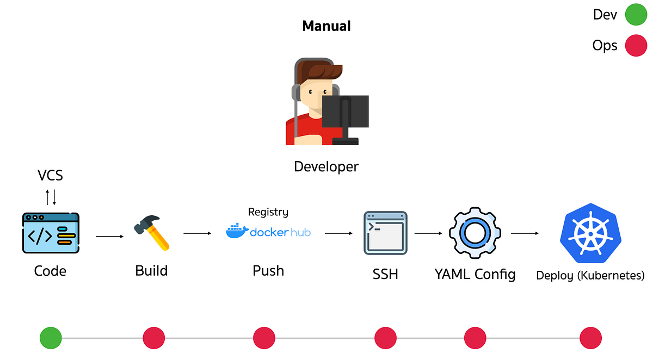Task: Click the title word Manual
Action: pyautogui.click(x=326, y=26)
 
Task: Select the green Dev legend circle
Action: pyautogui.click(x=635, y=15)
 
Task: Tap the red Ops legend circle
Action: pyautogui.click(x=635, y=46)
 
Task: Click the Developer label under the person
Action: pyautogui.click(x=326, y=166)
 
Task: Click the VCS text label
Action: pyautogui.click(x=50, y=175)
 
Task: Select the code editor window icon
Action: pyautogui.click(x=51, y=233)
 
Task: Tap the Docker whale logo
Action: pyautogui.click(x=236, y=231)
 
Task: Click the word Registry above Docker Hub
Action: pyautogui.click(x=268, y=212)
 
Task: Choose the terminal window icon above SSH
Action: pyautogui.click(x=385, y=233)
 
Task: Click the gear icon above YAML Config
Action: pyautogui.click(x=475, y=233)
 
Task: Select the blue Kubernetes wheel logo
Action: pyautogui.click(x=590, y=232)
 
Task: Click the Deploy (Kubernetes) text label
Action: pyautogui.click(x=590, y=275)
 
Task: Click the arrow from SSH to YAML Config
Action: pyautogui.click(x=428, y=234)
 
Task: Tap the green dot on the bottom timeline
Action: pyautogui.click(x=51, y=338)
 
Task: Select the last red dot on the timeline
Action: pyautogui.click(x=590, y=338)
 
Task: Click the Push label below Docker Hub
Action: pyautogui.click(x=268, y=271)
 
